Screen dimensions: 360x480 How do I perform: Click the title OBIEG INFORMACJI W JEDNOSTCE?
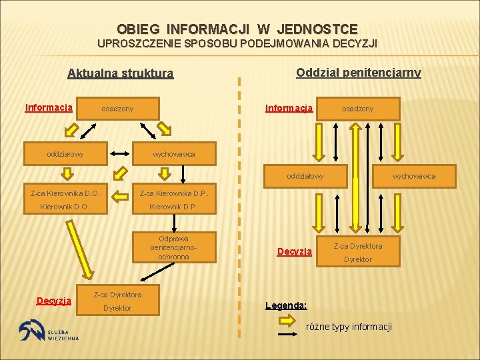pos(237,29)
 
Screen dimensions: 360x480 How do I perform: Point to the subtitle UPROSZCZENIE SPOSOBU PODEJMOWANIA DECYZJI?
pos(237,44)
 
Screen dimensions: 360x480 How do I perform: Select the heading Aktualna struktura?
pos(121,73)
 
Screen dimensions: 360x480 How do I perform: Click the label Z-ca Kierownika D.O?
pos(65,193)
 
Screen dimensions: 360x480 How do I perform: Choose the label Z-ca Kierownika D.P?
pos(173,193)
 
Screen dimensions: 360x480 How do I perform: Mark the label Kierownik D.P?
pos(173,207)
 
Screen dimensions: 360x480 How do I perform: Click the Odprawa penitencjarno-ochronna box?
pos(173,247)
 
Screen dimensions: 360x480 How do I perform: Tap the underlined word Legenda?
pos(286,305)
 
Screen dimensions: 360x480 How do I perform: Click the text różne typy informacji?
pos(349,327)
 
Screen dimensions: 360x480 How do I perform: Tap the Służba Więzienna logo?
pos(49,331)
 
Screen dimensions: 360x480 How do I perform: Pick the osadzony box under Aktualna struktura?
pos(117,108)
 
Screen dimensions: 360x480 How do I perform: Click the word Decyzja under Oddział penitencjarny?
pos(295,251)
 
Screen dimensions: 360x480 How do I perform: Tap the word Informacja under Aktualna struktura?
pos(49,107)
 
